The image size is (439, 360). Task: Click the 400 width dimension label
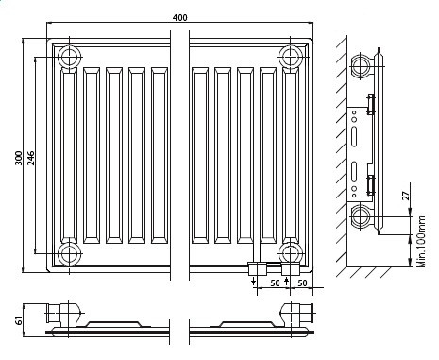click(x=180, y=17)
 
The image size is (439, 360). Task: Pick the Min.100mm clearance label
click(x=421, y=243)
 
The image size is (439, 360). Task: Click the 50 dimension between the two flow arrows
click(x=274, y=282)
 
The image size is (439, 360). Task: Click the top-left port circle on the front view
click(x=70, y=58)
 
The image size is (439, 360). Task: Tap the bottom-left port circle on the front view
click(x=70, y=252)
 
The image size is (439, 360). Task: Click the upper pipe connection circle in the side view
click(x=362, y=66)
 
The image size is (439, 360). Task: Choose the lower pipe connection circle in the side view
click(x=362, y=219)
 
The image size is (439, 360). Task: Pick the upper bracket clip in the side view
click(x=372, y=103)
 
